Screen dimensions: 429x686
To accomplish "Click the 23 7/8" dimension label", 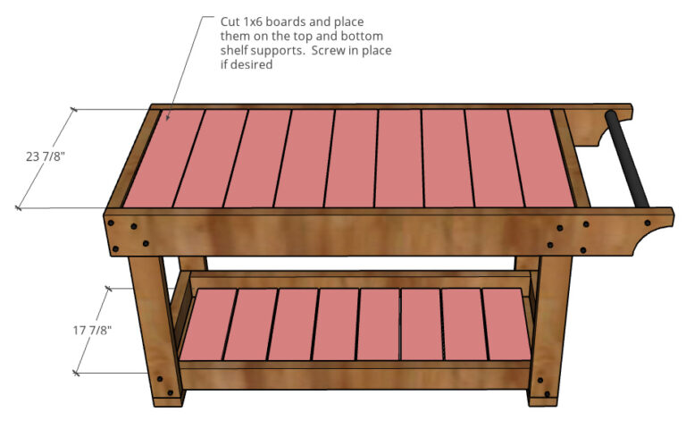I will (46, 156).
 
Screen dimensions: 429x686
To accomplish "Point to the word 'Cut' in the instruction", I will (230, 21).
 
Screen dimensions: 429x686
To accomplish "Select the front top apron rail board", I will (339, 232).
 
